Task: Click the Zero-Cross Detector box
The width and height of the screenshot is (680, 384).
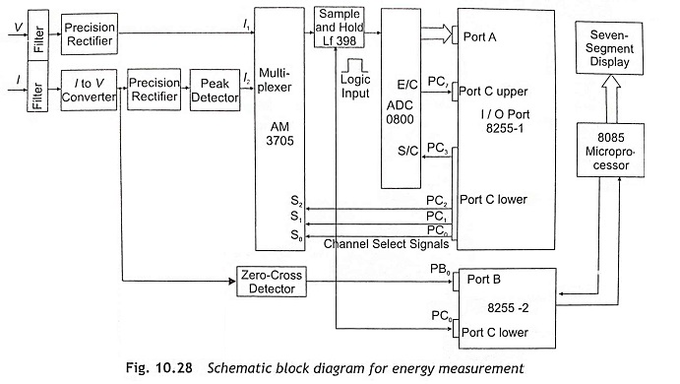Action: pyautogui.click(x=272, y=282)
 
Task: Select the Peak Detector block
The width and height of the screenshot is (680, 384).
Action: pyautogui.click(x=216, y=90)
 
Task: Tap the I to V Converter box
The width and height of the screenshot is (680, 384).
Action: pyautogui.click(x=89, y=90)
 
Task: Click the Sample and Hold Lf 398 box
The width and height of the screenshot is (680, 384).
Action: pyautogui.click(x=340, y=28)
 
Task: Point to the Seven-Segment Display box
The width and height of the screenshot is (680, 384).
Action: pyautogui.click(x=609, y=48)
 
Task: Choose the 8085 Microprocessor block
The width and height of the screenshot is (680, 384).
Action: pyautogui.click(x=610, y=150)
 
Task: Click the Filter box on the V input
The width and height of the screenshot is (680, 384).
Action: pyautogui.click(x=38, y=35)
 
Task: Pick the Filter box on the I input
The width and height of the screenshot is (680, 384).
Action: pyautogui.click(x=37, y=87)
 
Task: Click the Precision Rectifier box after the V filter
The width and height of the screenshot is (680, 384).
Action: pyautogui.click(x=90, y=33)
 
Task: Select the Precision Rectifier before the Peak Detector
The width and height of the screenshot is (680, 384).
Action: pyautogui.click(x=155, y=90)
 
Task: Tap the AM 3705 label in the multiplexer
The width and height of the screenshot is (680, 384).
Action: pyautogui.click(x=279, y=134)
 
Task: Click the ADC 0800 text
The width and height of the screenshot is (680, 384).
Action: pyautogui.click(x=400, y=112)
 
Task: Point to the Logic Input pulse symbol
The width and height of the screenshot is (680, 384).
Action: pyautogui.click(x=354, y=66)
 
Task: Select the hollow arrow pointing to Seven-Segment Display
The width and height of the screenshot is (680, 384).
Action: pyautogui.click(x=611, y=98)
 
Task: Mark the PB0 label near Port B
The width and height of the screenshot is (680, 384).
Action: pyautogui.click(x=440, y=270)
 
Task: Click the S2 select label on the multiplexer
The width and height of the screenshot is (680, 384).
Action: pyautogui.click(x=296, y=201)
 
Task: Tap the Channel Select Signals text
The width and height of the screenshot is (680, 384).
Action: pyautogui.click(x=386, y=244)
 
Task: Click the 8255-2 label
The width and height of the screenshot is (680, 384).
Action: pyautogui.click(x=508, y=307)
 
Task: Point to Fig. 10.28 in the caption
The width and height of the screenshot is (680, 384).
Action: pyautogui.click(x=159, y=368)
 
